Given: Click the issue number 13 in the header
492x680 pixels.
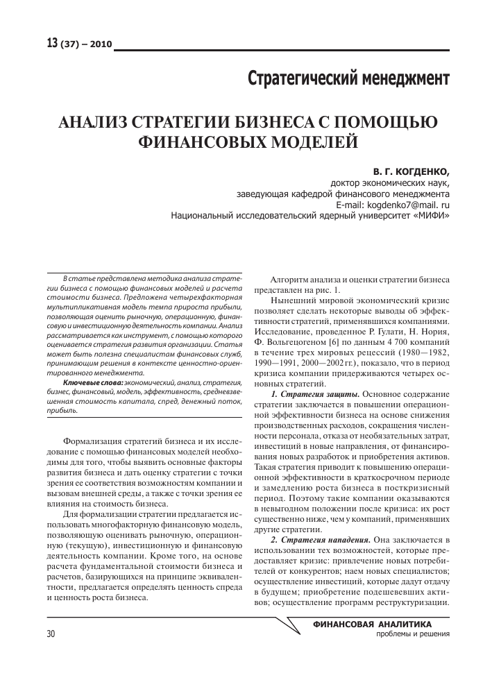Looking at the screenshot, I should [52, 44].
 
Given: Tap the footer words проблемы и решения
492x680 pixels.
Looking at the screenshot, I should [412, 634].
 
